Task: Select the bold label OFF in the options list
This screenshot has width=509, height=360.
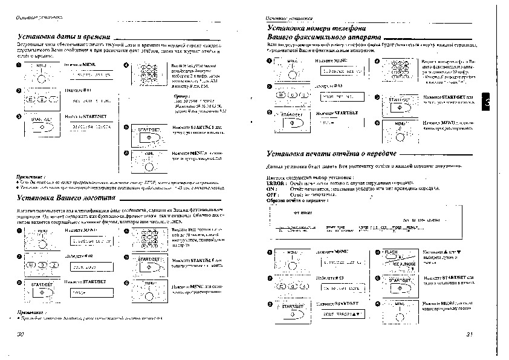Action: pos(272,195)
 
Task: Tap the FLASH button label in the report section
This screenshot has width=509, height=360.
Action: pos(391,252)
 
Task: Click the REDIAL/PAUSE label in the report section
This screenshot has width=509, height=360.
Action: pos(403,264)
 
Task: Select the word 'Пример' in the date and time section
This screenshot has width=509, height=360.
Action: pos(180,96)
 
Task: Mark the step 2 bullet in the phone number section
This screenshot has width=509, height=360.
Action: pos(270,87)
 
